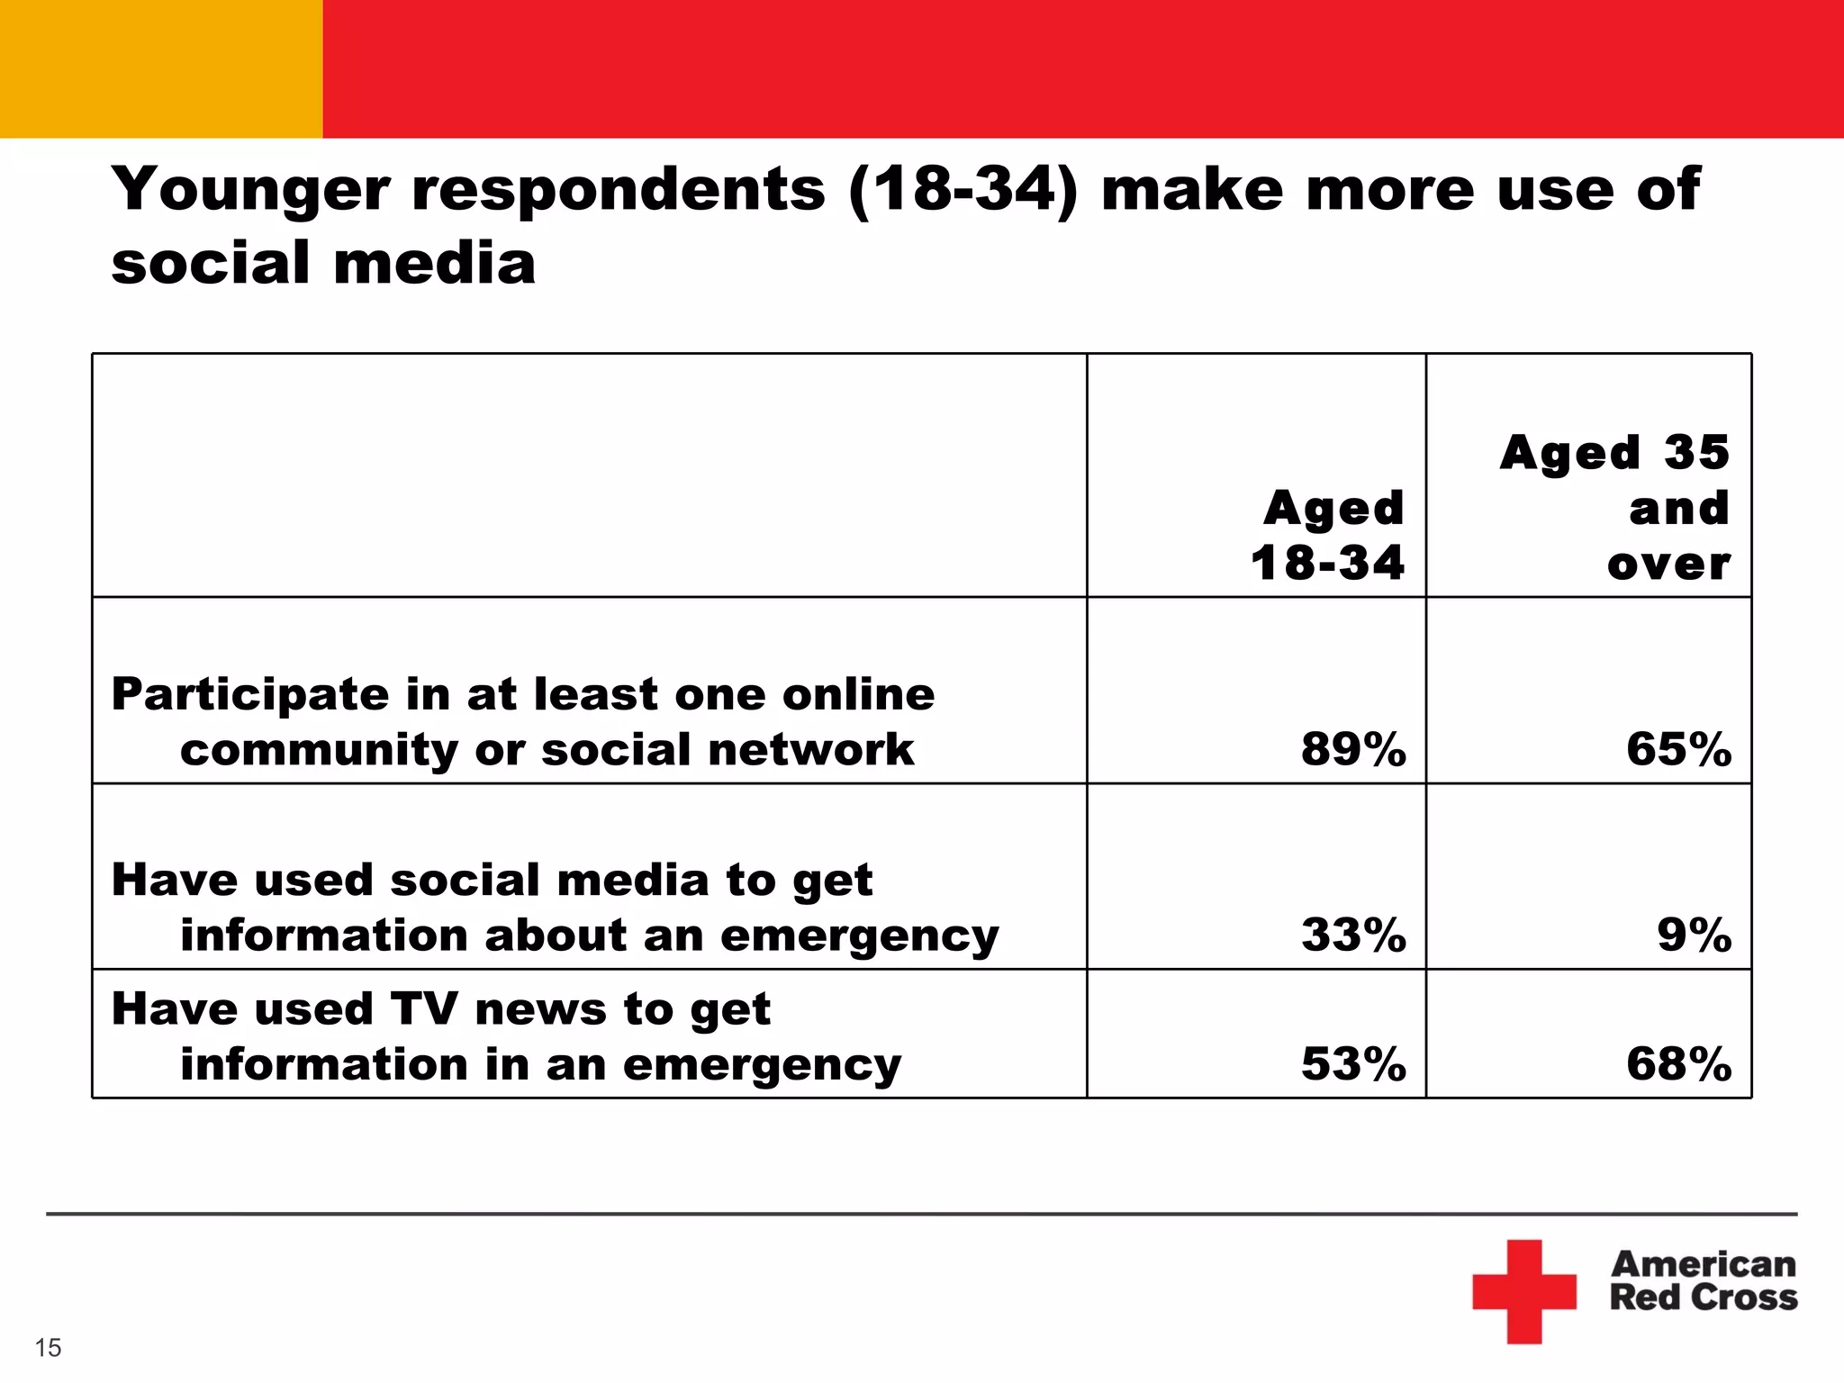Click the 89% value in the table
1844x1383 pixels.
[1352, 749]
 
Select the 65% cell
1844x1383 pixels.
[1678, 749]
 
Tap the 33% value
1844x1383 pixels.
[1352, 935]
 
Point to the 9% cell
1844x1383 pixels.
[1694, 935]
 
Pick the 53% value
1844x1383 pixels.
[1352, 1063]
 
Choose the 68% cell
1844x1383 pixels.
[1678, 1063]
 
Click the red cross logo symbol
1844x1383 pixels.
[1524, 1291]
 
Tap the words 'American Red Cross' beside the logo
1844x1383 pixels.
[1703, 1280]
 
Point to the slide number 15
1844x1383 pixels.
[48, 1348]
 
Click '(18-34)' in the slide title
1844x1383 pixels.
[962, 190]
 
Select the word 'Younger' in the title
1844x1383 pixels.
[251, 190]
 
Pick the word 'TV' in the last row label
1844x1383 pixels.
[424, 1008]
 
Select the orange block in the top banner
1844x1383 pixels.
[161, 68]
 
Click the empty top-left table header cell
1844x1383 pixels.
[589, 475]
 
